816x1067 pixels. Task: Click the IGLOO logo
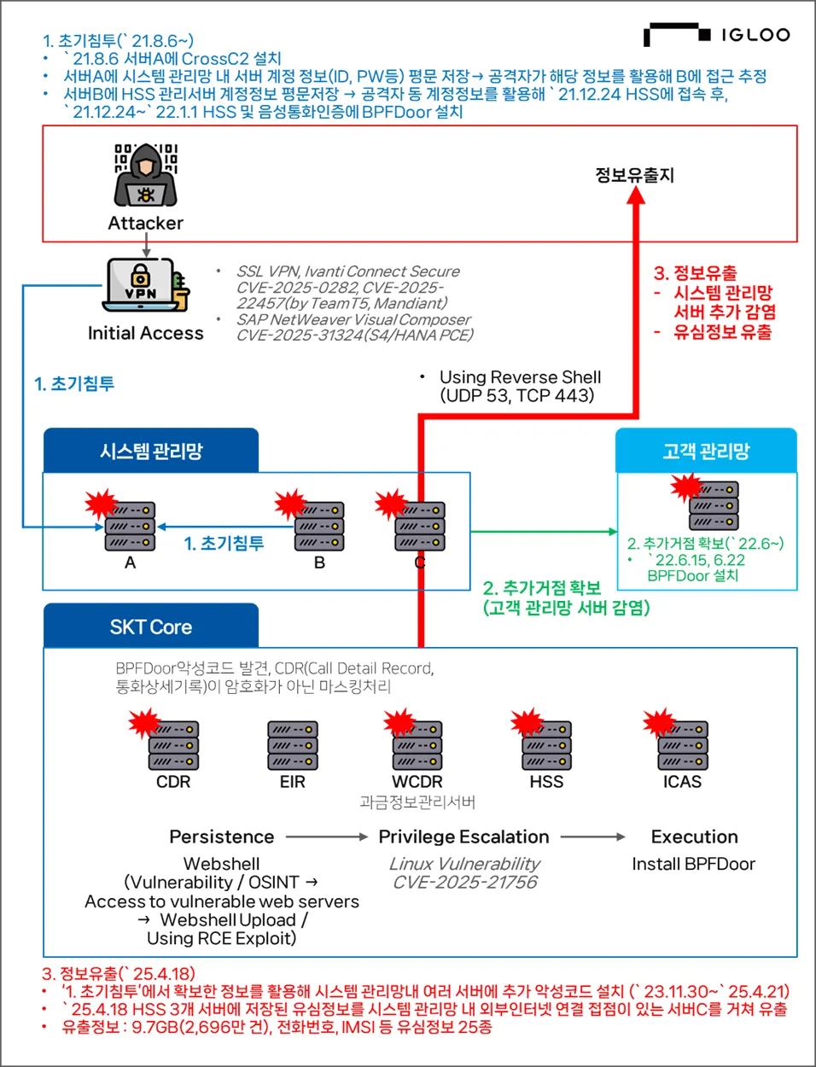[x=717, y=35]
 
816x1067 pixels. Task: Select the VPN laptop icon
[x=143, y=285]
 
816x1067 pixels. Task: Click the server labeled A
[x=130, y=526]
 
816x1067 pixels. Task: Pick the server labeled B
[x=319, y=526]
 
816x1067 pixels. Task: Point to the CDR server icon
[x=173, y=745]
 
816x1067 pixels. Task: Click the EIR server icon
[x=293, y=745]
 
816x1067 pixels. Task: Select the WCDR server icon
[x=417, y=745]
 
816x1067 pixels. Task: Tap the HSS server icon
[x=546, y=745]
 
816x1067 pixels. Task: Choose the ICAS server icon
[x=683, y=745]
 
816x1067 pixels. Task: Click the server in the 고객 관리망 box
[x=714, y=505]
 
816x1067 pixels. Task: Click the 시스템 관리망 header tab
[x=151, y=451]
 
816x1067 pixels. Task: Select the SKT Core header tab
[x=151, y=627]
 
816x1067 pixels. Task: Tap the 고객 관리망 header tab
[x=706, y=451]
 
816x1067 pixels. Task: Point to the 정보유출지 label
[x=634, y=175]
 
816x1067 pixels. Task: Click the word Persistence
[x=222, y=837]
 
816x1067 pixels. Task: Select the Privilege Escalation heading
[x=463, y=837]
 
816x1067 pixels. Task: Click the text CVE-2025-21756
[x=464, y=883]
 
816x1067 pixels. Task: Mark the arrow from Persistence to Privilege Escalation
[x=327, y=837]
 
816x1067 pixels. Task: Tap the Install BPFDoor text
[x=693, y=864]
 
